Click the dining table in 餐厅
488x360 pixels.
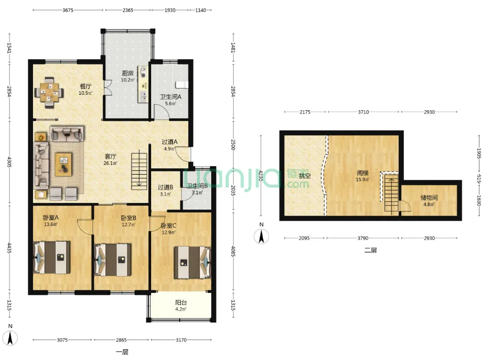(49, 93)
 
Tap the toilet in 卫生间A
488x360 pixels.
(182, 85)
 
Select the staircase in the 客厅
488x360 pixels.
(139, 171)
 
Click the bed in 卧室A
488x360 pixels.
(52, 258)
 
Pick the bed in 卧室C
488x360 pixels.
(192, 262)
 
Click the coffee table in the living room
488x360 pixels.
(63, 164)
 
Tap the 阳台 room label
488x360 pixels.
(181, 302)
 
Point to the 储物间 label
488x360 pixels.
(429, 198)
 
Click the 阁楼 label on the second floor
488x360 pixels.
(363, 173)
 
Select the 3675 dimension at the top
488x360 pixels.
(68, 10)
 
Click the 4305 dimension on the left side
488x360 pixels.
(10, 162)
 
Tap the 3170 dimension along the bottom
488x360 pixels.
(181, 340)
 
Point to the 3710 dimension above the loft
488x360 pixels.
(363, 112)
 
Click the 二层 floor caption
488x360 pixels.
(370, 250)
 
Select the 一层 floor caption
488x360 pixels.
(122, 352)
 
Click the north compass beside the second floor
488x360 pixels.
(261, 236)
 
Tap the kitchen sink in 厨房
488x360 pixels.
(143, 96)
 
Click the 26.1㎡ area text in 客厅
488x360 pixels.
(111, 163)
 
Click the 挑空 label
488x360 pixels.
(305, 176)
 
